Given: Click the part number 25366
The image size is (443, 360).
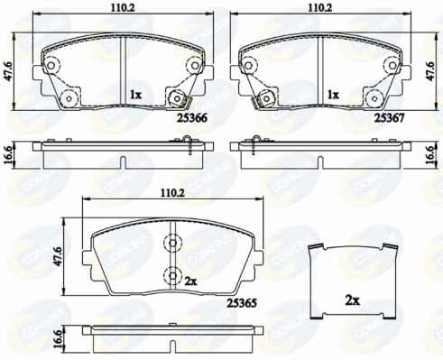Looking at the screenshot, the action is coord(192,118).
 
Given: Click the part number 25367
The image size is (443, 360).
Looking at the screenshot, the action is coord(389,118).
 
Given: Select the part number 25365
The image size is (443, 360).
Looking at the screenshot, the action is coord(242,303).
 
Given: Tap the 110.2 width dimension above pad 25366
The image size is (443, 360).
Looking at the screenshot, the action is coord(122,8).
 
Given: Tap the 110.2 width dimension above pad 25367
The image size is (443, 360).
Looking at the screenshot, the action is coord(320,8).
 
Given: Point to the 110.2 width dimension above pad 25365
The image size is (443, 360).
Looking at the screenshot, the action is coord(173,193).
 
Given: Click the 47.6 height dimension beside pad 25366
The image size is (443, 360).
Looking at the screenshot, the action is coord(9,71).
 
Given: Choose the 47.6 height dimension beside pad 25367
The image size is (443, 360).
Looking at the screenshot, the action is coord(431,71).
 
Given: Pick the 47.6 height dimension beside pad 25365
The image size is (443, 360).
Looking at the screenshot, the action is coord(59,256).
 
